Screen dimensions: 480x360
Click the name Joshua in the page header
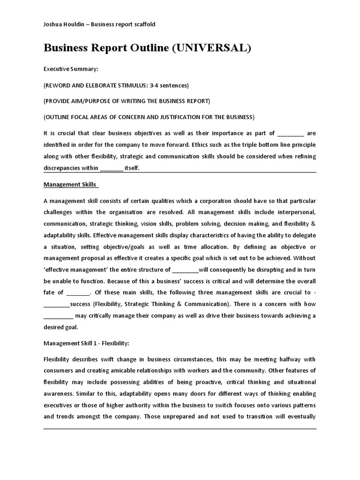[x=54, y=24]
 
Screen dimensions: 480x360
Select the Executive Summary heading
[x=71, y=69]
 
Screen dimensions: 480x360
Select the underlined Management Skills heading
[x=71, y=184]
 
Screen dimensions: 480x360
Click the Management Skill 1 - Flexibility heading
[x=86, y=343]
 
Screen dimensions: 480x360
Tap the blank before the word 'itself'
[x=112, y=168]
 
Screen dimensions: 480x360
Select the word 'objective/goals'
[x=143, y=247]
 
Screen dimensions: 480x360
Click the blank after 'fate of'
[x=78, y=292]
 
